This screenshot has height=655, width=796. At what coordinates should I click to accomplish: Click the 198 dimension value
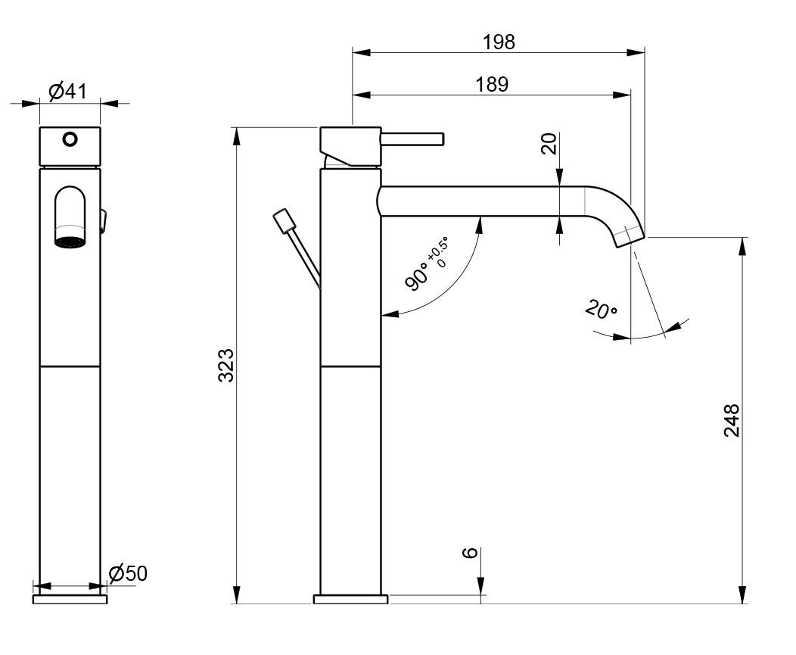499,42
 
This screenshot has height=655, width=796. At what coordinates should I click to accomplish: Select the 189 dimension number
491,84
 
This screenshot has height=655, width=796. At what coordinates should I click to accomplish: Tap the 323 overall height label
226,365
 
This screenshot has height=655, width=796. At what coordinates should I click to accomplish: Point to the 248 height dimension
732,420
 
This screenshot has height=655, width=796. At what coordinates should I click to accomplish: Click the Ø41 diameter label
67,92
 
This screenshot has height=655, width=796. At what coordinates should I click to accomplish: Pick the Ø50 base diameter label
128,573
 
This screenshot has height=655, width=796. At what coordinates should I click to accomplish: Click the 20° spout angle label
601,309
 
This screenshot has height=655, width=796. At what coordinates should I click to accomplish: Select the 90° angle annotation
417,276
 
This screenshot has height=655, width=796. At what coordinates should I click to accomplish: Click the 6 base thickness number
471,552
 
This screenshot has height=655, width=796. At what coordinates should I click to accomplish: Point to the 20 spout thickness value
549,144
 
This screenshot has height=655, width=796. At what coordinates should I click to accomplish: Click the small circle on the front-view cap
70,139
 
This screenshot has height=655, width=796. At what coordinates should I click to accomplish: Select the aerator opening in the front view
70,242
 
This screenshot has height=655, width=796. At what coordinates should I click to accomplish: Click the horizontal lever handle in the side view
412,139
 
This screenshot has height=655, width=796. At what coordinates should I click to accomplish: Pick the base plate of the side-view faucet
351,599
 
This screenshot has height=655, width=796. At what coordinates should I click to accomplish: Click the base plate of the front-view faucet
70,599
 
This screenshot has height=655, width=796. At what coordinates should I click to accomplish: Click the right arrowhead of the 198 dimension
636,51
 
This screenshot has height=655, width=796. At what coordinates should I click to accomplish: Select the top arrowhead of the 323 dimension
236,136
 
